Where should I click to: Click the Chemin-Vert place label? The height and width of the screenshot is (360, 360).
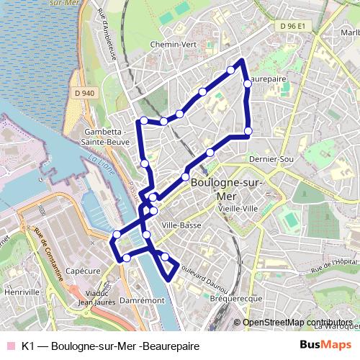(173, 44)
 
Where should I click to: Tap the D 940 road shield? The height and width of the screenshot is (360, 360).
(84, 92)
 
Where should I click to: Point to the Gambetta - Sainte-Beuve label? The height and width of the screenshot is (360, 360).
(107, 137)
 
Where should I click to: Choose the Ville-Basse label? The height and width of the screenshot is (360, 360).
(181, 225)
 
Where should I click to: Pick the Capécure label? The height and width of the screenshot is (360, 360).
(81, 271)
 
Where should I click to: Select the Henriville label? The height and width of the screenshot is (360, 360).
(22, 292)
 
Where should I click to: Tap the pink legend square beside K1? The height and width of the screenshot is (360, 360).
(10, 346)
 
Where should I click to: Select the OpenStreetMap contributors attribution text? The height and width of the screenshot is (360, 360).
(297, 323)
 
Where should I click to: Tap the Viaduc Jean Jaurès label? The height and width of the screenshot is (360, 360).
(96, 298)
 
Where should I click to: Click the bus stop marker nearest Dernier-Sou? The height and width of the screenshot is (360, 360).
(248, 131)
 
